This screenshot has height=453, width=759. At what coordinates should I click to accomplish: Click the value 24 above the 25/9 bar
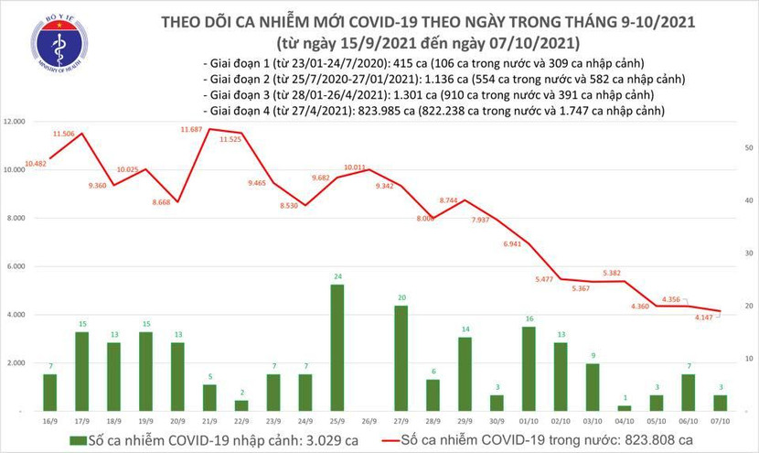coord(337,275)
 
